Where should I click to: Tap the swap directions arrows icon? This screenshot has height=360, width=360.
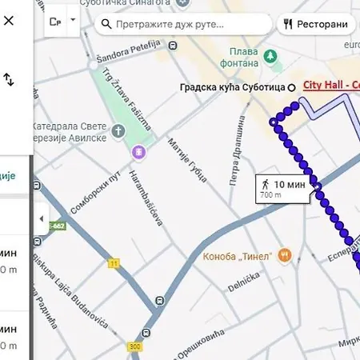point(9,79)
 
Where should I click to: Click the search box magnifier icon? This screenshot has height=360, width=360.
point(106,24)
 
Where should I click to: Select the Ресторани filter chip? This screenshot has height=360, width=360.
point(317,24)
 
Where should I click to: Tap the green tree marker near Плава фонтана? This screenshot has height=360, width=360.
point(271,57)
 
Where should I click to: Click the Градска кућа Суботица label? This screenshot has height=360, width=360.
point(234,87)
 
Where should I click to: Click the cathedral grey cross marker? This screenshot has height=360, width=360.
point(119,130)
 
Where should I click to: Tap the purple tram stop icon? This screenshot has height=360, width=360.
point(139,151)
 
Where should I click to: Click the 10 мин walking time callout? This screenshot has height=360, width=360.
point(282,186)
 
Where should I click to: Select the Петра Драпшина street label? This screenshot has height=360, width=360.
point(237,152)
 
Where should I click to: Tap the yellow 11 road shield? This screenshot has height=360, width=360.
point(114,262)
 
